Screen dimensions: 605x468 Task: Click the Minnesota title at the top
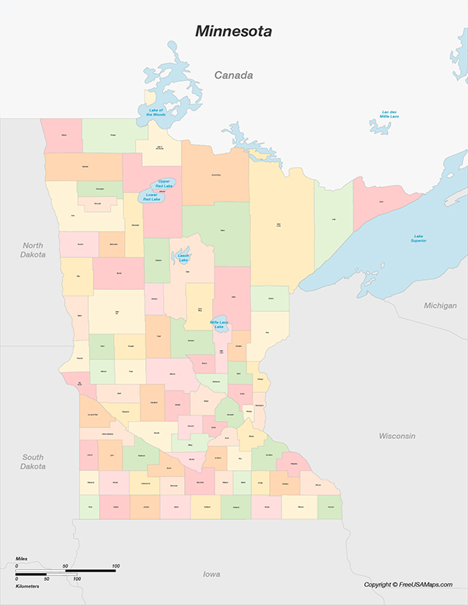234,32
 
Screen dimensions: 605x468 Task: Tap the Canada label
234,76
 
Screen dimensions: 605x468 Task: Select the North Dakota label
34,249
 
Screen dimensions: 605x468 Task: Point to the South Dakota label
33,462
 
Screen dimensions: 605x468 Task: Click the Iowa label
211,575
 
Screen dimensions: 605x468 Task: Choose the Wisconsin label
397,435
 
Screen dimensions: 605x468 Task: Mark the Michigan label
440,306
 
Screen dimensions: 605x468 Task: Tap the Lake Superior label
420,238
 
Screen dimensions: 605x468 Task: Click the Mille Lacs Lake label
219,324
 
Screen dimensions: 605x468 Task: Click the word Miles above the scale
21,559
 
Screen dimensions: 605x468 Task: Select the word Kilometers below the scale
27,585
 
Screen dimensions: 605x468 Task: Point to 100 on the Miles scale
115,565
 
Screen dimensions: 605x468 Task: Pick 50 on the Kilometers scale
46,579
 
